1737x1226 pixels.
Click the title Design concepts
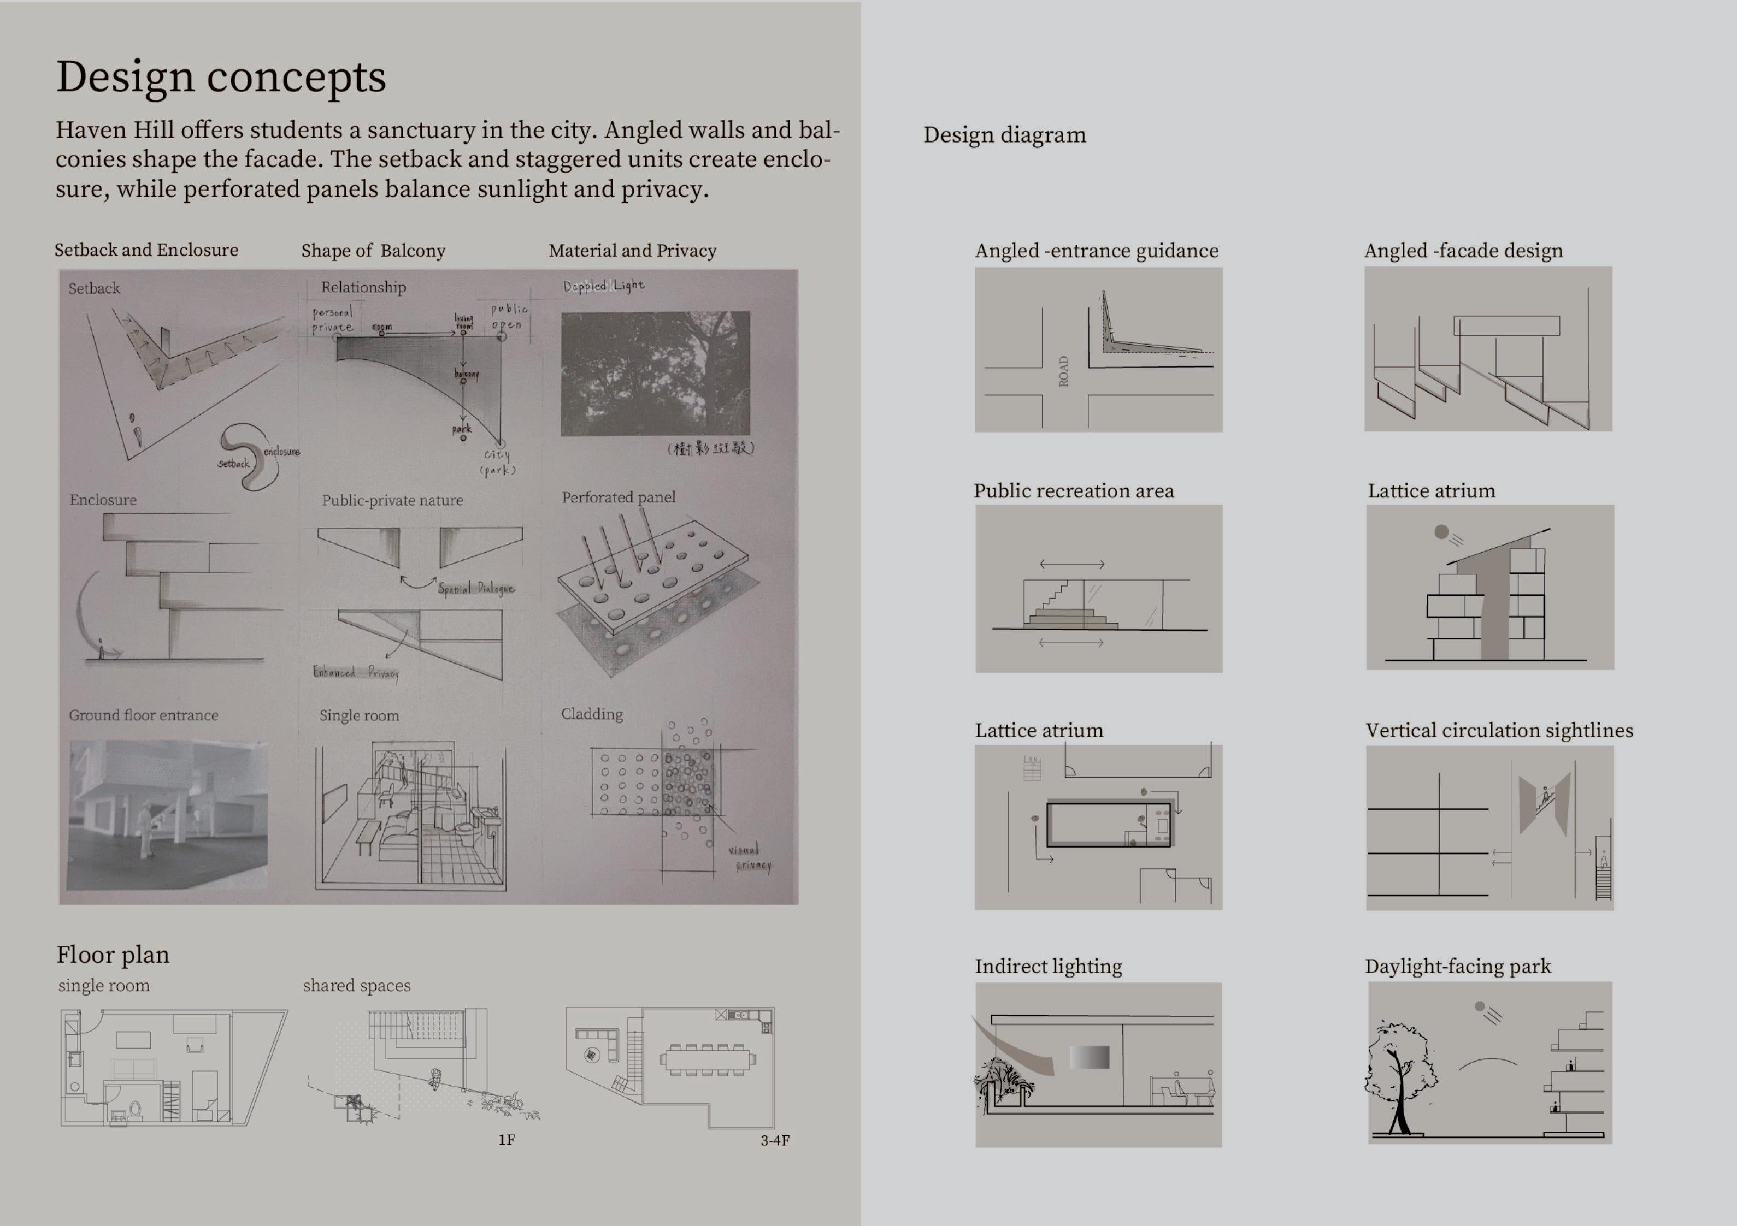tap(221, 77)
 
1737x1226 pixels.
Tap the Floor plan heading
tap(113, 955)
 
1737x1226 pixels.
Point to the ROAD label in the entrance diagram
tap(1064, 371)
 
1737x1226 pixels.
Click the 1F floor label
tap(506, 1140)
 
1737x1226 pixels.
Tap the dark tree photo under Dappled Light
tap(655, 373)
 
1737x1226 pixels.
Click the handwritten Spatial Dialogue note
tap(476, 588)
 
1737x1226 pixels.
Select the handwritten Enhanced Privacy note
tap(356, 672)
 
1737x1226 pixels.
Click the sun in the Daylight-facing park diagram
tap(1480, 1006)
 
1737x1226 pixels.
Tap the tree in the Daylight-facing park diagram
tap(1399, 1074)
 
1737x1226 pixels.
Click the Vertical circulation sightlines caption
tap(1499, 731)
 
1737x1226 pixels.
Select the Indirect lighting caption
tap(1048, 967)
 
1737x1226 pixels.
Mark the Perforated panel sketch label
tap(618, 497)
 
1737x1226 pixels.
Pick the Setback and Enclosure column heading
tap(146, 250)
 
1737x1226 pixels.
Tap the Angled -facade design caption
tap(1463, 251)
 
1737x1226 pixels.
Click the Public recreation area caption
tap(1074, 491)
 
